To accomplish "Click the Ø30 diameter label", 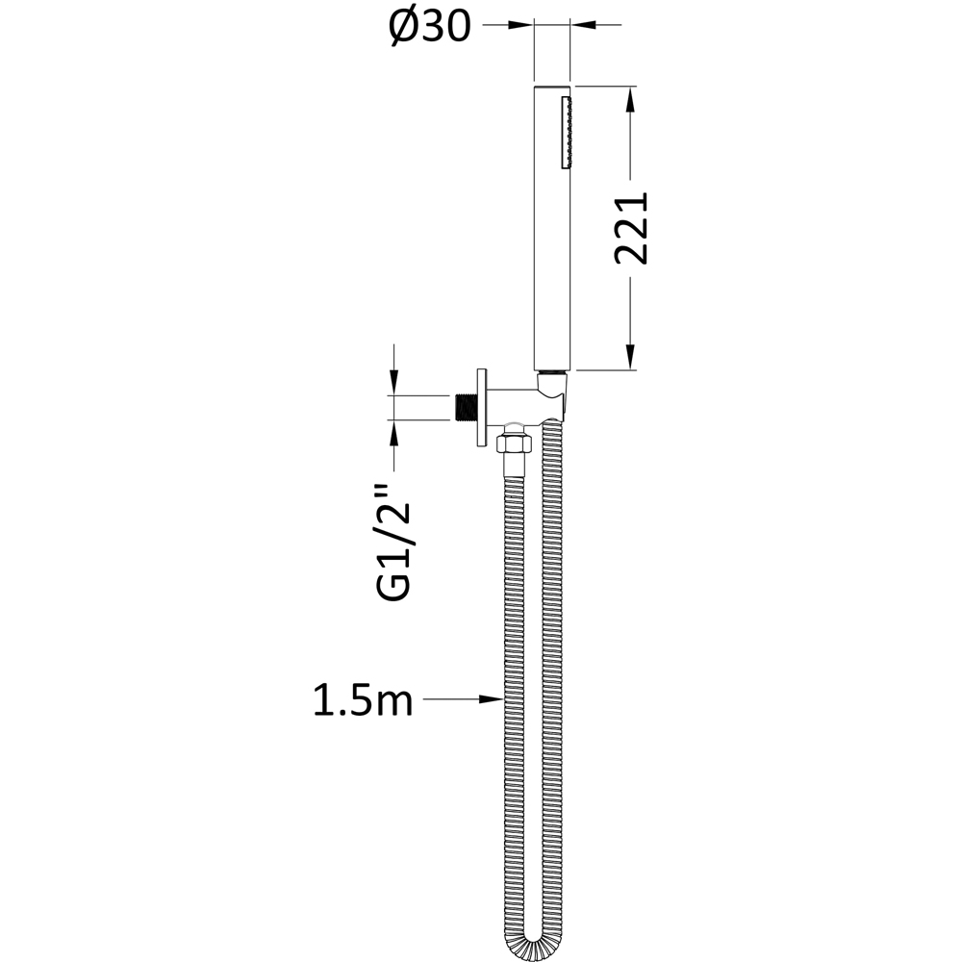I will coord(429,28).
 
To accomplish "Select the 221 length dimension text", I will coord(633,229).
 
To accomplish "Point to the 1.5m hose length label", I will coord(363,700).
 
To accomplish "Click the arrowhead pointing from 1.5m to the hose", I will coord(491,700).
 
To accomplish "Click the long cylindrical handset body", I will coord(552,231).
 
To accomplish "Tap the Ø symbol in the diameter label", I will coord(403,28).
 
